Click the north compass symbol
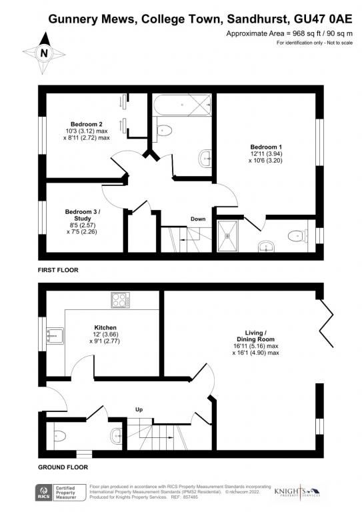coord(44,53)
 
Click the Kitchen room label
coord(105,328)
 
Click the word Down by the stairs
coord(198,219)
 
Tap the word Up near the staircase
coord(139,409)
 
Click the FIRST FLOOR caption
coord(58,271)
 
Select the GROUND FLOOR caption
coord(63,467)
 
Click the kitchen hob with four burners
coord(121,301)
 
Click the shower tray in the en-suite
coord(231,236)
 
